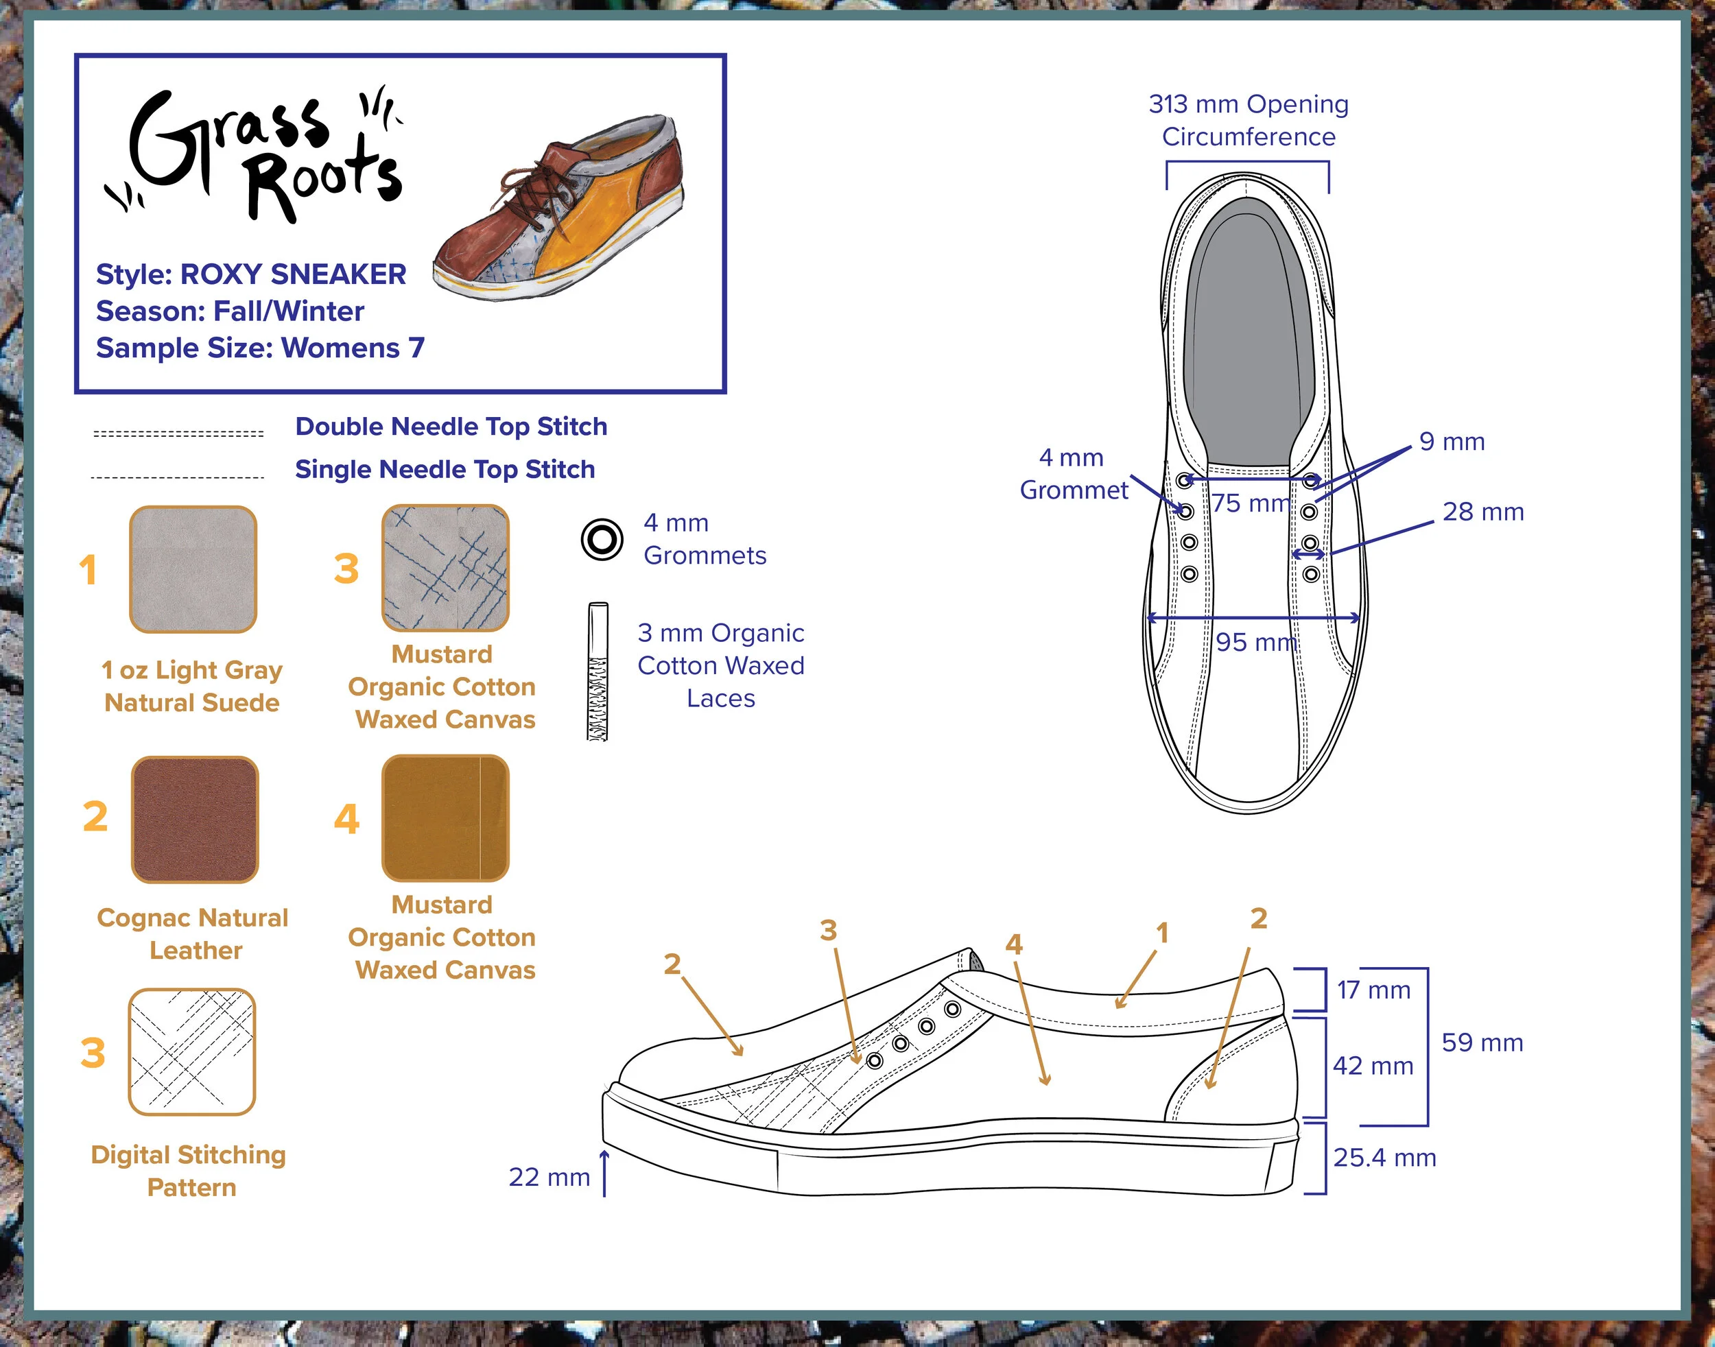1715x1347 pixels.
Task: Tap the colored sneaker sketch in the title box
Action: (x=558, y=206)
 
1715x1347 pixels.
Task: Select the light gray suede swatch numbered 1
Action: (x=193, y=569)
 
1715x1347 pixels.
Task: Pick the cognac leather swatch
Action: (x=195, y=820)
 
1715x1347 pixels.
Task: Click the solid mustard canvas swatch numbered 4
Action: (x=446, y=818)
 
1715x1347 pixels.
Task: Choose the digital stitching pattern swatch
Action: (x=191, y=1051)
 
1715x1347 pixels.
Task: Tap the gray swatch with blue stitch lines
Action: (x=446, y=568)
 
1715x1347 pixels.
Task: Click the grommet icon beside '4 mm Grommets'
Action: (x=602, y=540)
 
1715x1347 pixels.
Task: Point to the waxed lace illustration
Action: (x=598, y=672)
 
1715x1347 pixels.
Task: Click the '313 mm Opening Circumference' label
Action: (x=1248, y=120)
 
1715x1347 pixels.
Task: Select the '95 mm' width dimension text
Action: (x=1256, y=642)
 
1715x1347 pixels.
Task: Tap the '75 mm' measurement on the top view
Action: (x=1251, y=502)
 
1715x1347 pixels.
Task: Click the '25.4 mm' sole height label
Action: (x=1384, y=1158)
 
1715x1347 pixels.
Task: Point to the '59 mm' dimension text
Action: (x=1482, y=1042)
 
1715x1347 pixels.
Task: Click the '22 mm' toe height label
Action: (x=549, y=1177)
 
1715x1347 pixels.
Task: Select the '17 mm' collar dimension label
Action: (x=1373, y=990)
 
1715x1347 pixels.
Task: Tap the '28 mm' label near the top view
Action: (x=1483, y=511)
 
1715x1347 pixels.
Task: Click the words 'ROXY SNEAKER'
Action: (x=294, y=274)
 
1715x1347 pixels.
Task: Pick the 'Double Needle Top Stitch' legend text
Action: (x=451, y=427)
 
